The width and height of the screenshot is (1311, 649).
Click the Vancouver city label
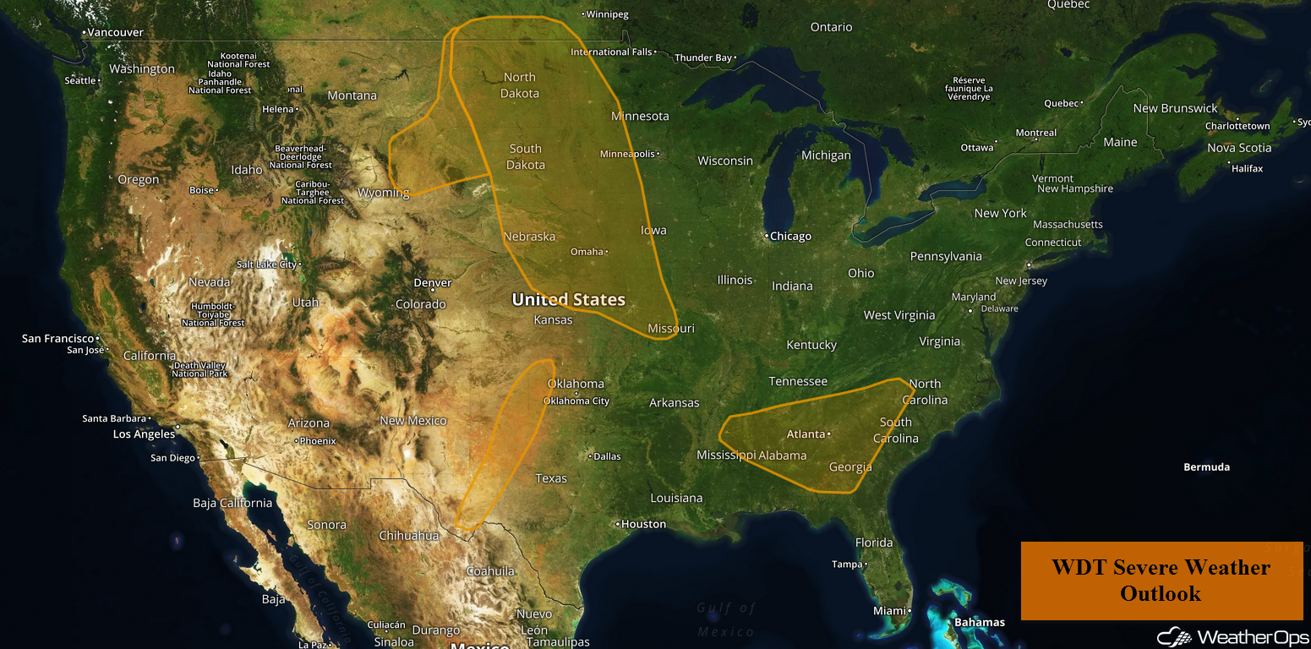116,32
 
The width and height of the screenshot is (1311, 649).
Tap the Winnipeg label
607,14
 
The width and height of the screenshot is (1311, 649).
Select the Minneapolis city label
628,154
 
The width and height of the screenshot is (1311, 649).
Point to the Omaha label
587,252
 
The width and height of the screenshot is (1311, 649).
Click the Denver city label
433,283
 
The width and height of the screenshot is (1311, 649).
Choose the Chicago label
790,237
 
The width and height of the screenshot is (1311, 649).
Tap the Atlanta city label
806,434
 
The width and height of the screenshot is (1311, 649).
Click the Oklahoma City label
576,401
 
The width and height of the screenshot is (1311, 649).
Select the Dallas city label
607,456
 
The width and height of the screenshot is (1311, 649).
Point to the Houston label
643,524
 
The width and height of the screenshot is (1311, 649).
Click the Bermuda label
1206,467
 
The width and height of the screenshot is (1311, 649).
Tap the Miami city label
889,611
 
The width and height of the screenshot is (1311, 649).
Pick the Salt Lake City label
266,265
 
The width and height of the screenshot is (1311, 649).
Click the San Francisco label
57,338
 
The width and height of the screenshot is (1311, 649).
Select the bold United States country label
569,299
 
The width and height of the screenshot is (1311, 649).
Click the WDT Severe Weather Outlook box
1161,581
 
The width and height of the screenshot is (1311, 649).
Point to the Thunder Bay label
703,57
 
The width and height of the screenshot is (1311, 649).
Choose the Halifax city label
1247,168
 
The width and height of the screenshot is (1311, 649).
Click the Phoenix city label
317,441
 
